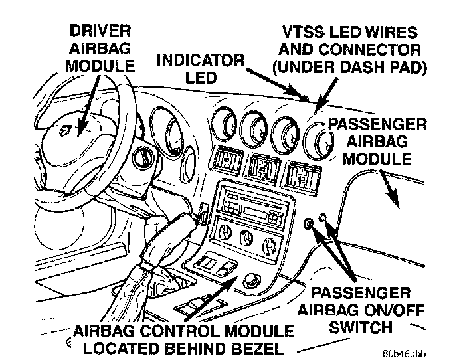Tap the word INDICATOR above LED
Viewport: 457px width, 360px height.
pyautogui.click(x=200, y=60)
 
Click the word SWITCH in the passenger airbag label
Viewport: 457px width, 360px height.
pyautogui.click(x=361, y=327)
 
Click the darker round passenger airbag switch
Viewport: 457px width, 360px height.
pyautogui.click(x=310, y=224)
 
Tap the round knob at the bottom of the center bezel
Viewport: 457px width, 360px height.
pyautogui.click(x=251, y=281)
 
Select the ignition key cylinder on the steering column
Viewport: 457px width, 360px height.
pyautogui.click(x=142, y=157)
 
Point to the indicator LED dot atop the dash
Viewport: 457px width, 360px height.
pyautogui.click(x=305, y=98)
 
